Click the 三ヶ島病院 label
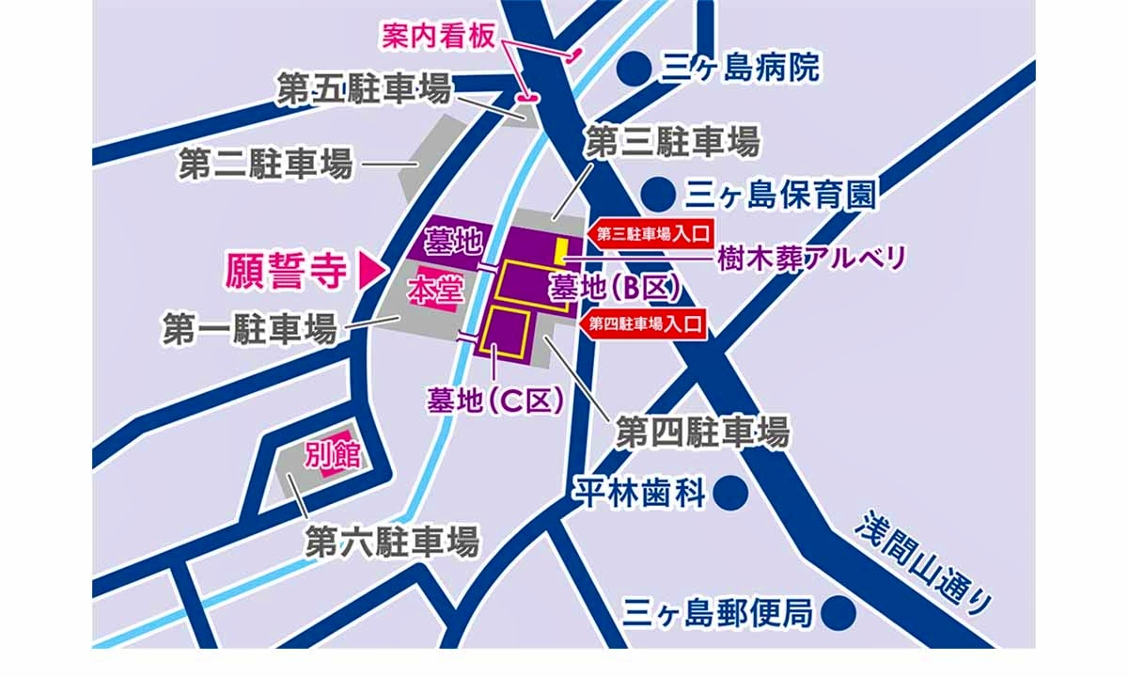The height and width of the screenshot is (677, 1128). pyautogui.click(x=741, y=68)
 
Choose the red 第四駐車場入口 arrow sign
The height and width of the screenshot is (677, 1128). pyautogui.click(x=646, y=325)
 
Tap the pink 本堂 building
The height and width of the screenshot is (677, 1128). pyautogui.click(x=433, y=293)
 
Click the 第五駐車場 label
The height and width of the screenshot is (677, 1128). pyautogui.click(x=363, y=90)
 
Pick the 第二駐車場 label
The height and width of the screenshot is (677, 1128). pyautogui.click(x=266, y=165)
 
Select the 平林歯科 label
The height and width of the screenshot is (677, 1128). pyautogui.click(x=639, y=493)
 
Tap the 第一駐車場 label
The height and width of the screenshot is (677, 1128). pyautogui.click(x=249, y=329)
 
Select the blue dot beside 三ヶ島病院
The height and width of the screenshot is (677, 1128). pyautogui.click(x=636, y=67)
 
